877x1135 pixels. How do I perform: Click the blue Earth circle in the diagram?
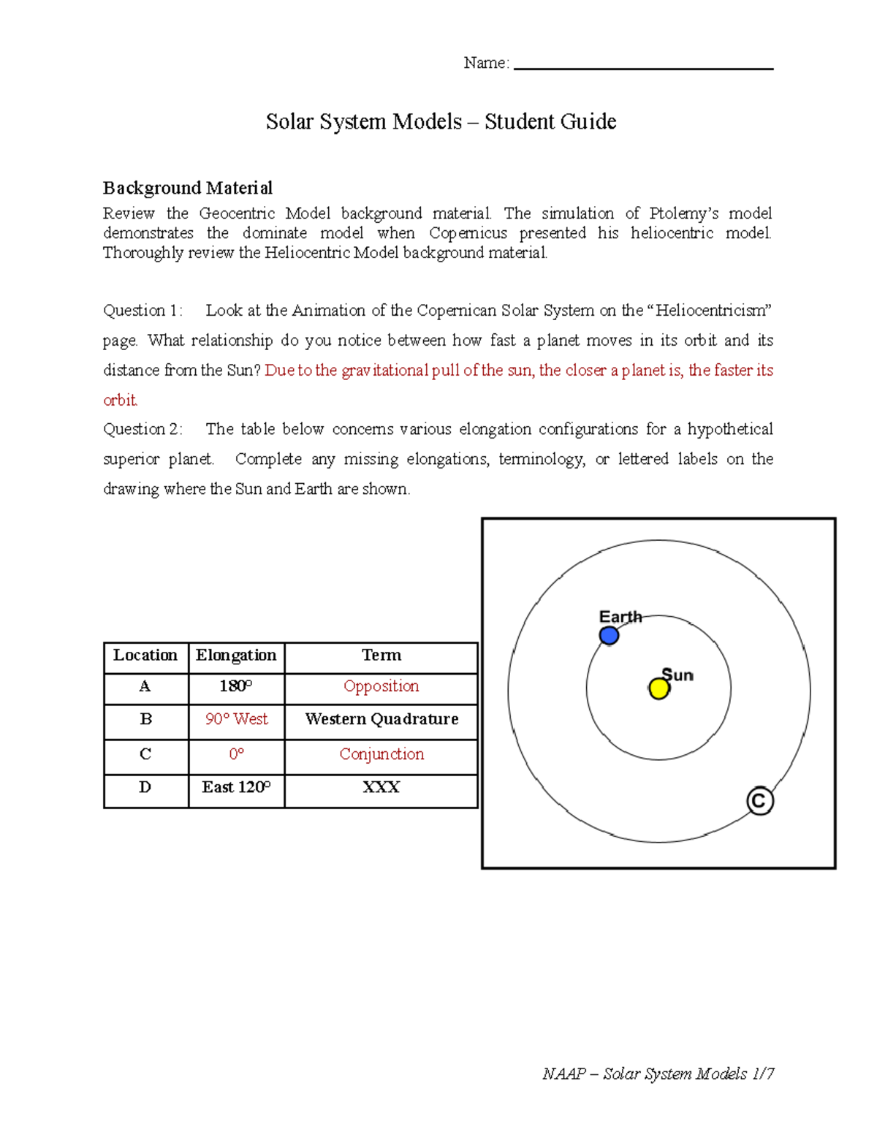pyautogui.click(x=609, y=636)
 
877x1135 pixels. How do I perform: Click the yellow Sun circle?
pyautogui.click(x=659, y=688)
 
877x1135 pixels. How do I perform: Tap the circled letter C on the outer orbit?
pyautogui.click(x=760, y=801)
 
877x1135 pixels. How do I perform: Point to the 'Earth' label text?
pyautogui.click(x=620, y=617)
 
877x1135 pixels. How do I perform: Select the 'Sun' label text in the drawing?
pyautogui.click(x=677, y=675)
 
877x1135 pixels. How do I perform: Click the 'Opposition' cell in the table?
pyautogui.click(x=381, y=686)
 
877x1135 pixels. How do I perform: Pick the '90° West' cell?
pyautogui.click(x=236, y=719)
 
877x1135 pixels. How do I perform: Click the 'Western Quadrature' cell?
pyautogui.click(x=381, y=719)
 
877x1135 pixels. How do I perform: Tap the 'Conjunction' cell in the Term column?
pyautogui.click(x=381, y=754)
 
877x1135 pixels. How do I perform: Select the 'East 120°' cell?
pyautogui.click(x=236, y=787)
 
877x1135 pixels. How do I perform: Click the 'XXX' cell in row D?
pyautogui.click(x=381, y=787)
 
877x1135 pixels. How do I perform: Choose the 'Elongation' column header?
pyautogui.click(x=236, y=656)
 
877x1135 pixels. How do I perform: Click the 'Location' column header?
pyautogui.click(x=145, y=656)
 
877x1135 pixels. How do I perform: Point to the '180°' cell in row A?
pyautogui.click(x=236, y=686)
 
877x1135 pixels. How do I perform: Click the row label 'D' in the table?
pyautogui.click(x=145, y=787)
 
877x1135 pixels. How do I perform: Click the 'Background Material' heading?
pyautogui.click(x=187, y=189)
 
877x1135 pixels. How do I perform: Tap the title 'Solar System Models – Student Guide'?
pyautogui.click(x=441, y=121)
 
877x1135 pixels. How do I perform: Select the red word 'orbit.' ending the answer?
pyautogui.click(x=120, y=401)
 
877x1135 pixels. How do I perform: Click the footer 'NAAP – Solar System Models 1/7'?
pyautogui.click(x=658, y=1074)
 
